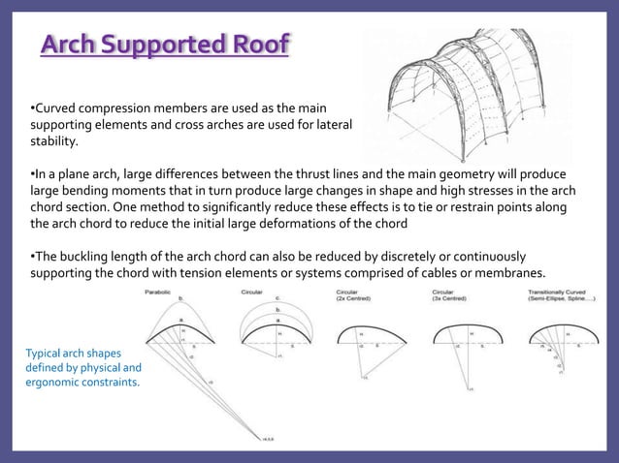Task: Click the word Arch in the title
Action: [x=70, y=46]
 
